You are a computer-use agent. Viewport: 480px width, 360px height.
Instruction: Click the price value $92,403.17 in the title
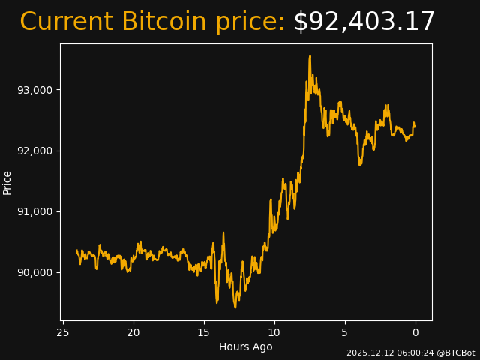364,22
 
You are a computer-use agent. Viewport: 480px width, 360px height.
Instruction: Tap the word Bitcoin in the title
163,22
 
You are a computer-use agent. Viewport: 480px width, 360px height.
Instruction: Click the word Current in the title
67,22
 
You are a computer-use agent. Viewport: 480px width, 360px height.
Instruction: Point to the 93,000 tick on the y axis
35,90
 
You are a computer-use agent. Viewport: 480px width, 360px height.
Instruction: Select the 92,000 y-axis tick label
35,151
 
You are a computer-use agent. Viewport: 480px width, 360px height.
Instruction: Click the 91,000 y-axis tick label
35,211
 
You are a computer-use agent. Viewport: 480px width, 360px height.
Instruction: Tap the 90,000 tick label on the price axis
35,272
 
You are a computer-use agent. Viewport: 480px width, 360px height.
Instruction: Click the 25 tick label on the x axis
63,332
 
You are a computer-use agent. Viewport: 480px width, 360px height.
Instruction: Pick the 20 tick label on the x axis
133,332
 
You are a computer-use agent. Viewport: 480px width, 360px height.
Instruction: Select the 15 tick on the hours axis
204,332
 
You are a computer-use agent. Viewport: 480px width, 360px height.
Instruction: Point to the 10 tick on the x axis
274,332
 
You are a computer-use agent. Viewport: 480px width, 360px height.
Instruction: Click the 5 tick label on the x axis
345,332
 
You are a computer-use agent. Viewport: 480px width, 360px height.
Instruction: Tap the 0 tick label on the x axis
415,332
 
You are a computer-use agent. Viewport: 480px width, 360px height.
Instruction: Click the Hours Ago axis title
246,346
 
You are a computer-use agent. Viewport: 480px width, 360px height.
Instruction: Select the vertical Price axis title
7,182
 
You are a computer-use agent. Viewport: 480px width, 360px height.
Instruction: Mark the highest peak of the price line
310,56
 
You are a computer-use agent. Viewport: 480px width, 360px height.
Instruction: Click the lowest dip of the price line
235,307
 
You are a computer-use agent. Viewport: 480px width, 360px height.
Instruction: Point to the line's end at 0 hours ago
415,125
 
